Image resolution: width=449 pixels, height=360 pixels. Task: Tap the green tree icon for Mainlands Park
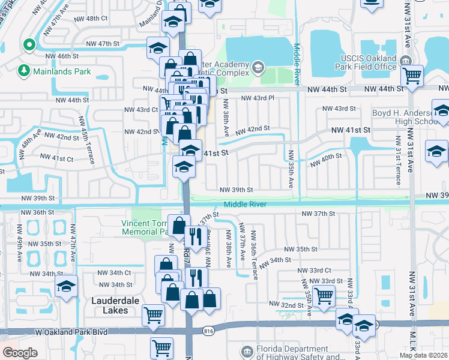[25, 71]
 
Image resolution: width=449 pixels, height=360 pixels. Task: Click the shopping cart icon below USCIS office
[412, 76]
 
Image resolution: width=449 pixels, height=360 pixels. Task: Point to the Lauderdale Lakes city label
[110, 305]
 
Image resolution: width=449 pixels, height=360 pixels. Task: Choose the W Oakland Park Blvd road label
[72, 331]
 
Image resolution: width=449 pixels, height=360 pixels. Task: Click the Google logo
[19, 353]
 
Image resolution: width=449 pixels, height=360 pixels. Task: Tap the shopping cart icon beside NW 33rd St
[324, 295]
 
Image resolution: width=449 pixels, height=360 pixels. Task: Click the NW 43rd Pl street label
[257, 98]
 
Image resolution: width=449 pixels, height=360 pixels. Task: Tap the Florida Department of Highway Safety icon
[247, 351]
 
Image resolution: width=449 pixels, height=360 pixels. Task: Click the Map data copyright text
[423, 355]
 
